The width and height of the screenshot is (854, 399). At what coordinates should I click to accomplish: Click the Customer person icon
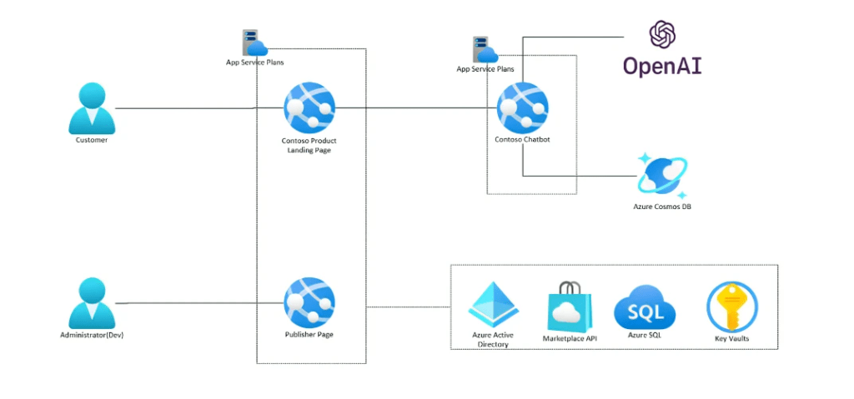pos(91,109)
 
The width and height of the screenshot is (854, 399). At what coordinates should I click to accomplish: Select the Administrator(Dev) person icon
pos(91,304)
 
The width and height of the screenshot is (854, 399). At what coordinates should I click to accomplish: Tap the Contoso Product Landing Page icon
pos(309,108)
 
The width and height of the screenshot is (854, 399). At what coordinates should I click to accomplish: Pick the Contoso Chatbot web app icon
pos(522,108)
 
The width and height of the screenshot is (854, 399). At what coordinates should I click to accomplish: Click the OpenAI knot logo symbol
pos(662,34)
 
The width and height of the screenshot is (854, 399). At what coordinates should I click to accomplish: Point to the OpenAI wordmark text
pos(663,65)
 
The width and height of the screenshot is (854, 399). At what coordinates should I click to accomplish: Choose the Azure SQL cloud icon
pos(644,307)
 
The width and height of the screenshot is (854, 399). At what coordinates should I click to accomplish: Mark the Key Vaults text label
pos(731,338)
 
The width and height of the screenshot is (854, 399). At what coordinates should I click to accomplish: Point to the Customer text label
pos(92,140)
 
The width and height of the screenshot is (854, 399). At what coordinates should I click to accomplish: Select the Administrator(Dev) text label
pos(92,335)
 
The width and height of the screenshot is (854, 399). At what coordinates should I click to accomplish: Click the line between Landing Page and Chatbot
pos(417,108)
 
